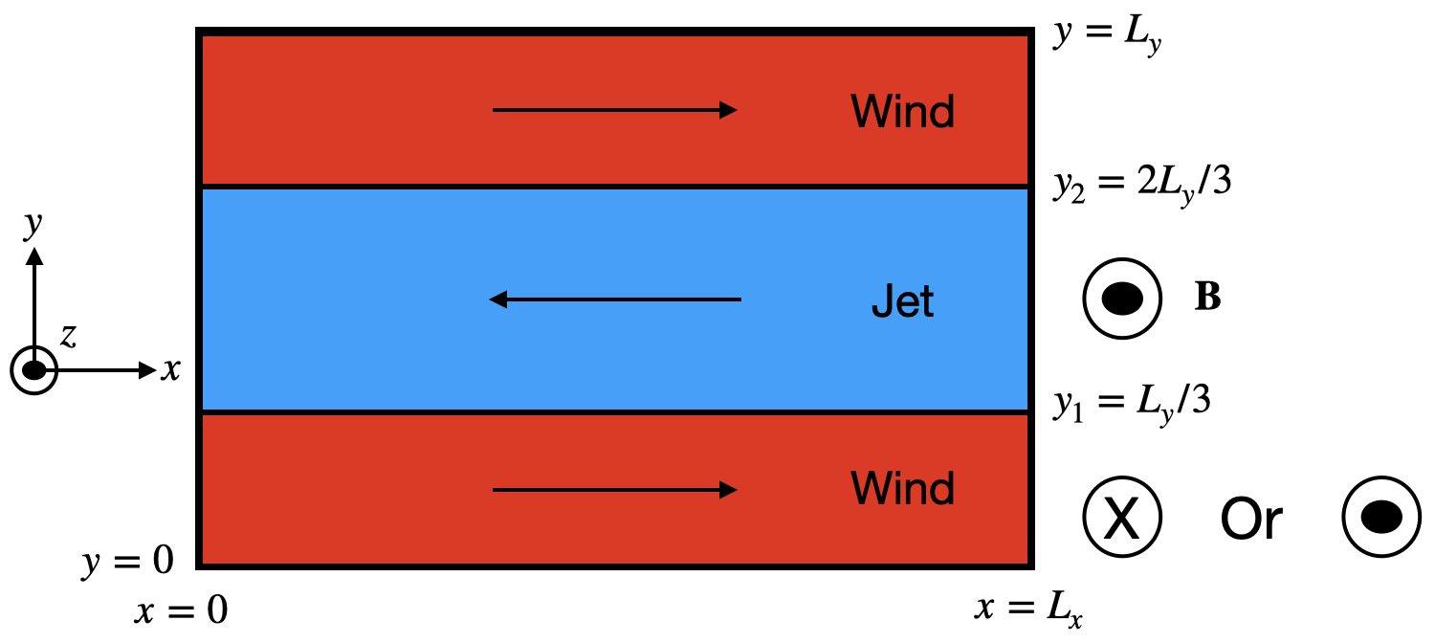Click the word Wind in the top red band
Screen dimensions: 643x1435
pos(902,112)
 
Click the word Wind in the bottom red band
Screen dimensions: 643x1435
pos(902,489)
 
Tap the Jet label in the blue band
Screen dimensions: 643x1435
pos(902,302)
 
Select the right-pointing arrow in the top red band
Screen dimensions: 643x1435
pos(614,110)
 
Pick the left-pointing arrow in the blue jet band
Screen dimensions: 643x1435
pos(614,300)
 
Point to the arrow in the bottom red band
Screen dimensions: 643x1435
pos(614,490)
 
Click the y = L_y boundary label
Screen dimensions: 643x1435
pos(1107,35)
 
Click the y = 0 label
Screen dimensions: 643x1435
pos(127,562)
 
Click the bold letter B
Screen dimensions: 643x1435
pos(1207,299)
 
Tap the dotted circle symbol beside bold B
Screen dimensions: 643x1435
pos(1122,299)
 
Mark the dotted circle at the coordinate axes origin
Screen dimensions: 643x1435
pos(34,370)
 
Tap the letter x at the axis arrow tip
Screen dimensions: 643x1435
pos(170,370)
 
